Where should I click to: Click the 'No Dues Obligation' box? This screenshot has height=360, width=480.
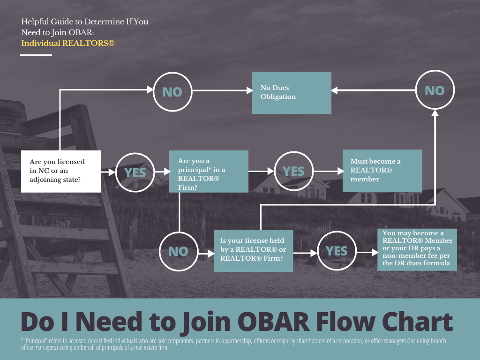(x=292, y=93)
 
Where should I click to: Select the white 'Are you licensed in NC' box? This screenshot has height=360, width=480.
(x=60, y=171)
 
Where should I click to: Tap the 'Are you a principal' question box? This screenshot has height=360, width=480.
(x=209, y=171)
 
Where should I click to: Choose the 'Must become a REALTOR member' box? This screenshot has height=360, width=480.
(x=382, y=171)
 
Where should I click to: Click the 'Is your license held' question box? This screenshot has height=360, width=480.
(x=253, y=251)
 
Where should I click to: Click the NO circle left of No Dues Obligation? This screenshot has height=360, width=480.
(x=172, y=92)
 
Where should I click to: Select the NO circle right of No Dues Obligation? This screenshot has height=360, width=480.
(x=435, y=90)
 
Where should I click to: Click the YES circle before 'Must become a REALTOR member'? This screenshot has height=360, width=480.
(x=293, y=171)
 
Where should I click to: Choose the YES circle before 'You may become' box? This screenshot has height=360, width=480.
(x=337, y=251)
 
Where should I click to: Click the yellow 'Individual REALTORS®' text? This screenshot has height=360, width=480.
(x=68, y=43)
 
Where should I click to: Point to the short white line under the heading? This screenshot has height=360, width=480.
(x=36, y=55)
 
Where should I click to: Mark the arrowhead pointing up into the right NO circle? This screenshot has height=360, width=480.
(x=435, y=113)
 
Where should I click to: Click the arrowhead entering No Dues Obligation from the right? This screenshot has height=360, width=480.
(x=334, y=90)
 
